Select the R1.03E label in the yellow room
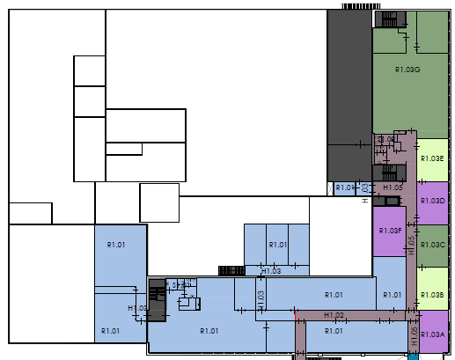click(x=432, y=158)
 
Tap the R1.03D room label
click(x=432, y=201)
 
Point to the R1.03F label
click(x=390, y=231)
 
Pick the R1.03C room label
click(x=432, y=244)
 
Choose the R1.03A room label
click(x=432, y=334)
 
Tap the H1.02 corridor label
click(x=334, y=314)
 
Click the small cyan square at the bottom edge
click(x=414, y=356)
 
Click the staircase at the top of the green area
click(x=389, y=19)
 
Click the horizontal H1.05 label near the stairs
click(x=393, y=187)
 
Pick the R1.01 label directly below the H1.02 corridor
click(x=334, y=330)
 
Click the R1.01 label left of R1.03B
click(x=392, y=295)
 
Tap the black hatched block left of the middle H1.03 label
click(x=231, y=270)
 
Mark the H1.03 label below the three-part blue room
click(x=271, y=271)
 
